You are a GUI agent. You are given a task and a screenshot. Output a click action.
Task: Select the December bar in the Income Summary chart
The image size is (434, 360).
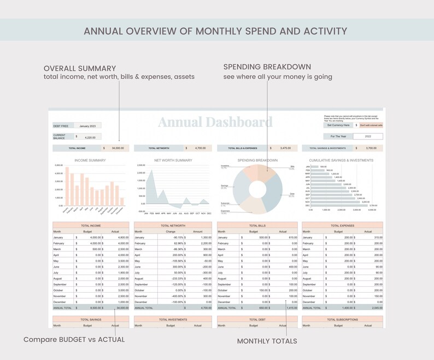tap(122, 201)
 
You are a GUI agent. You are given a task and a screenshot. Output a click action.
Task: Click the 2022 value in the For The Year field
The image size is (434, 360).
tap(368, 136)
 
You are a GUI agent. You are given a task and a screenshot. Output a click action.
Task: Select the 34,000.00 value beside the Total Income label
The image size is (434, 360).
tap(116, 148)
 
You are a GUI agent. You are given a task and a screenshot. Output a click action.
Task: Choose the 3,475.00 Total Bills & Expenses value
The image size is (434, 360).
tap(285, 148)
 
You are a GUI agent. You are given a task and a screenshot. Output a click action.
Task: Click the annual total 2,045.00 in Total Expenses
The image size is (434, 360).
tap(374, 308)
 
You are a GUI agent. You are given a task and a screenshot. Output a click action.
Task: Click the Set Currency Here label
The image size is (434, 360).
tap(338, 125)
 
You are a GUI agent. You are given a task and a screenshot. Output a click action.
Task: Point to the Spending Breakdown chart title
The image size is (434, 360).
tap(257, 160)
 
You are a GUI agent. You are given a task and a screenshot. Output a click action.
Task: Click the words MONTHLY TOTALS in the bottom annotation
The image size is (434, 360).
tap(267, 341)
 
